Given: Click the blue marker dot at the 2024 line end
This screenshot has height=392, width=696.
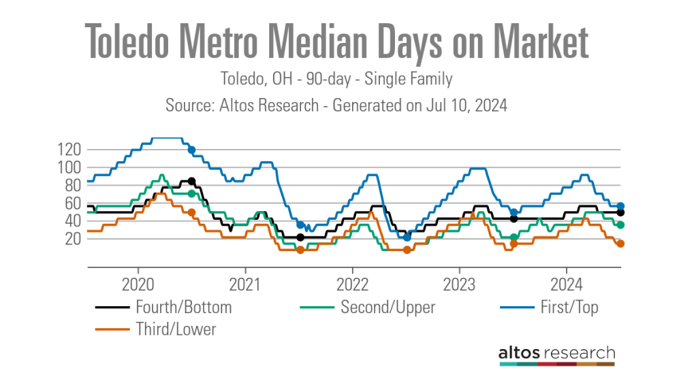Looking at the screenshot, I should click(620, 206).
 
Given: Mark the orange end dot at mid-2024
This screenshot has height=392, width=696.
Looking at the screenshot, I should click(620, 244).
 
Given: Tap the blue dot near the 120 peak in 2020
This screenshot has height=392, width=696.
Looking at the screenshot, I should click(192, 150).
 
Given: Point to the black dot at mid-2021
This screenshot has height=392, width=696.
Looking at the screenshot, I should click(300, 237).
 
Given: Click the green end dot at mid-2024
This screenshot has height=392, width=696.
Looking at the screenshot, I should click(620, 225).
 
